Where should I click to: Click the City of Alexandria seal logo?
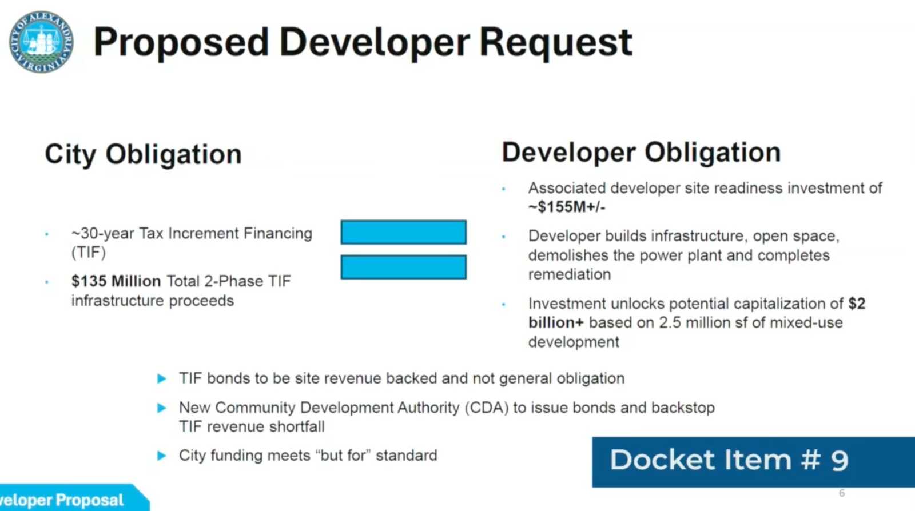point(41,42)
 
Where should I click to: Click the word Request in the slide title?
point(556,43)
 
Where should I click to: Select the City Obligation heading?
point(144,155)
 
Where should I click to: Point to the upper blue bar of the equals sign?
point(404,232)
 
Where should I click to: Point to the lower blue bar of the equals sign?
point(404,267)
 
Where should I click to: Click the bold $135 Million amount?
point(116,281)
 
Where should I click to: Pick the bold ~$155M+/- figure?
point(567,207)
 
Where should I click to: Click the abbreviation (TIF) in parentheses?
point(89,253)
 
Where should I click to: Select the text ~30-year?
point(102,234)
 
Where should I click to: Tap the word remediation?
point(570,274)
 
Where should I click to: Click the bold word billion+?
point(556,322)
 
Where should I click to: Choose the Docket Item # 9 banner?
point(753,462)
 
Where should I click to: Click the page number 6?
point(842,493)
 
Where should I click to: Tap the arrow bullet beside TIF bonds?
point(162,379)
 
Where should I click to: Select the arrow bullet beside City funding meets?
point(162,456)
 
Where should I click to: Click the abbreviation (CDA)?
point(487,408)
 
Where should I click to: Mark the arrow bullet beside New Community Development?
point(162,408)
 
